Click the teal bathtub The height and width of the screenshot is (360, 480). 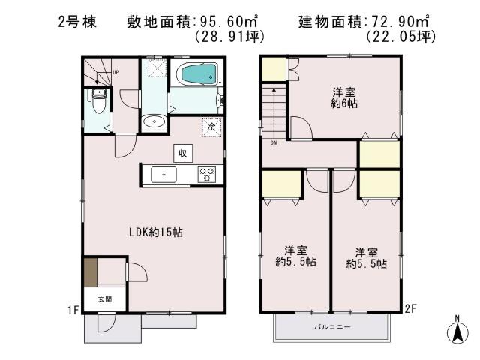click(x=197, y=75)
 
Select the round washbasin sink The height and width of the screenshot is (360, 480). click(x=155, y=121)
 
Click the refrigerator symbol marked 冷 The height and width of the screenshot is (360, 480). click(x=211, y=127)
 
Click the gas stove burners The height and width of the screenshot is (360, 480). click(x=206, y=175)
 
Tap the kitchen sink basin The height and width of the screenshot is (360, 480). click(x=163, y=175)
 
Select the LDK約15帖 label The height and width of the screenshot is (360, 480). click(x=154, y=232)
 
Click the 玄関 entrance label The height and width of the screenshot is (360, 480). click(x=103, y=298)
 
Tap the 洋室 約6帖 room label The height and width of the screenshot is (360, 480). click(x=343, y=98)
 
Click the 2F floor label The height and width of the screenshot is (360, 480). click(x=409, y=307)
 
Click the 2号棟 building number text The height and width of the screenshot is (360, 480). click(x=75, y=21)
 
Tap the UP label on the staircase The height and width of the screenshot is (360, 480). click(x=115, y=72)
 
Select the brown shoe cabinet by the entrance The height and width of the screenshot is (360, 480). click(x=90, y=271)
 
